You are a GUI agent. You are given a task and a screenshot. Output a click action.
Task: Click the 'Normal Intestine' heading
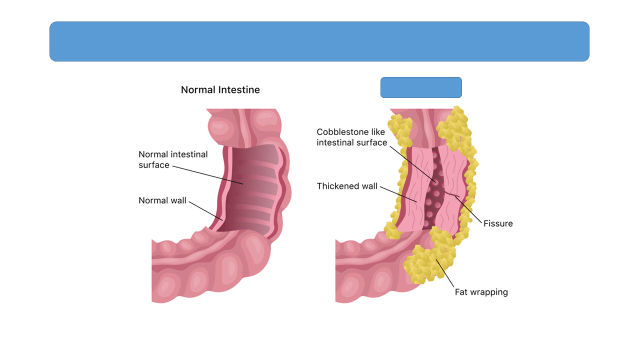point(220,90)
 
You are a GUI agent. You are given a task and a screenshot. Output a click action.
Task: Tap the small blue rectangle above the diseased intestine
point(421,87)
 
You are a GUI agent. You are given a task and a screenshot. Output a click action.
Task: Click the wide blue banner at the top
point(319,42)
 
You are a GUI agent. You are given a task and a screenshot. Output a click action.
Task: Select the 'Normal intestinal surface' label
point(173,160)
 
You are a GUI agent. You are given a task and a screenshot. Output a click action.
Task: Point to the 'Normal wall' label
point(162,200)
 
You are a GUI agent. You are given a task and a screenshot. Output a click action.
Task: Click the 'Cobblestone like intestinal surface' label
point(351,137)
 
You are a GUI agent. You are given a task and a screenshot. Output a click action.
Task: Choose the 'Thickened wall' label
point(347,186)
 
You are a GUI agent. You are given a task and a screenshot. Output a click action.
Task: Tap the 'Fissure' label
point(498,224)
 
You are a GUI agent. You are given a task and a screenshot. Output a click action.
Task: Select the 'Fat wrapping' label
point(481,292)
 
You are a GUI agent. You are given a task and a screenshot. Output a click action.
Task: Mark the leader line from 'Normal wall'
point(206,211)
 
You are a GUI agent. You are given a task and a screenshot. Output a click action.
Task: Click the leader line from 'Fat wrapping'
point(445,273)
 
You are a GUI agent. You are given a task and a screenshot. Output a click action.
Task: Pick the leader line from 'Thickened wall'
point(398,194)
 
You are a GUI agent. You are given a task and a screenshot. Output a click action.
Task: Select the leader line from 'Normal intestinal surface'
point(207,175)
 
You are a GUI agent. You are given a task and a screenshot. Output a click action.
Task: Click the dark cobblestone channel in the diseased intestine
point(433,188)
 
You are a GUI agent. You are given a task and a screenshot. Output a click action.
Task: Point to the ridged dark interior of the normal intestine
point(251,190)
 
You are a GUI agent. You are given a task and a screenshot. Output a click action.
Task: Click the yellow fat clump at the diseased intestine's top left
point(400,129)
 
